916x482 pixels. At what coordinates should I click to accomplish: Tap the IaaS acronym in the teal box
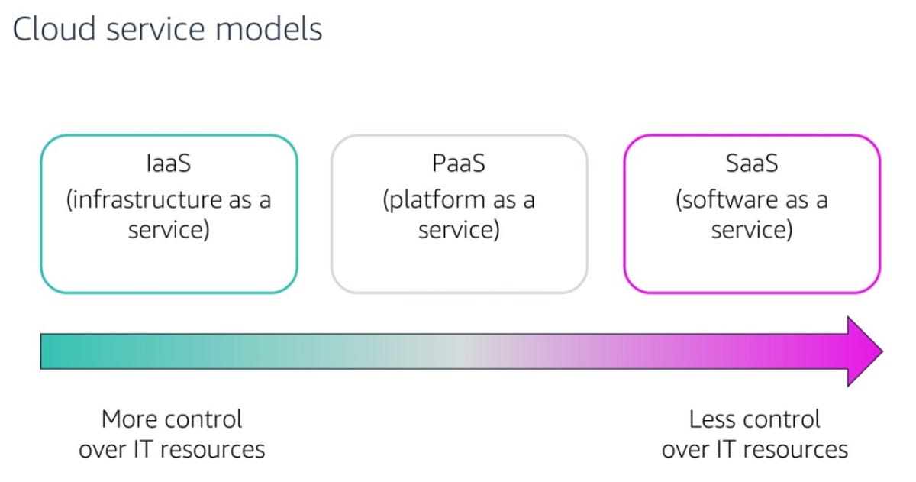pyautogui.click(x=169, y=163)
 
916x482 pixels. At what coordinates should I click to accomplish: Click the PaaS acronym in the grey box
pyautogui.click(x=459, y=163)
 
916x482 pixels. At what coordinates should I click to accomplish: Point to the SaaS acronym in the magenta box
pyautogui.click(x=752, y=163)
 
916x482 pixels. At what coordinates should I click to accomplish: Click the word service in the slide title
pyautogui.click(x=160, y=29)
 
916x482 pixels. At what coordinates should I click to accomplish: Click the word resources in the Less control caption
pyautogui.click(x=796, y=449)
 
